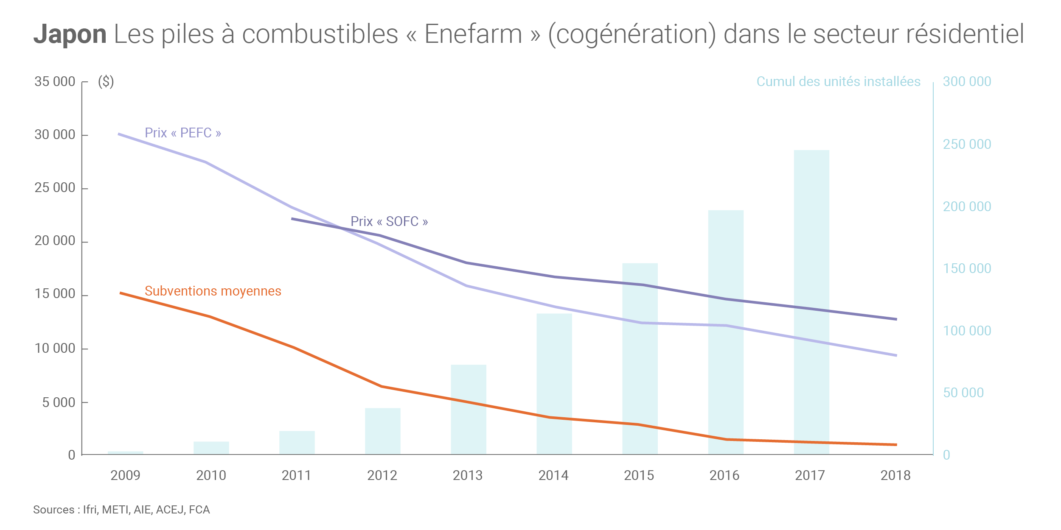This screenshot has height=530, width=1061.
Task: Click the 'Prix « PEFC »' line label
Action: coord(183,133)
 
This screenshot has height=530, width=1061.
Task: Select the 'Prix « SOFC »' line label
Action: coord(389,221)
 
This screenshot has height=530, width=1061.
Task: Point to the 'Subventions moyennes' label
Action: coord(213,291)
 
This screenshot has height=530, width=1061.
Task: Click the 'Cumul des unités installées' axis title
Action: coord(838,81)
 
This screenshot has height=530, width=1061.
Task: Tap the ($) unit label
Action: coord(106,81)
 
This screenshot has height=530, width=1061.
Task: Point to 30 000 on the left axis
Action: coord(55,135)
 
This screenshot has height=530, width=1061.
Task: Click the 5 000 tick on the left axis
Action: coord(59,402)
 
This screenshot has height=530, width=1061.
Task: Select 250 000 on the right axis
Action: coord(967,144)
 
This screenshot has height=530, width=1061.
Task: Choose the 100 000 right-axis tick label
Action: coord(967,331)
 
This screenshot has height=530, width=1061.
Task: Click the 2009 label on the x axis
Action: coord(125,475)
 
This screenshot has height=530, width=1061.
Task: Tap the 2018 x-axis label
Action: coord(895,475)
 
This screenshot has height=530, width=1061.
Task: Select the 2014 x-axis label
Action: coord(553,475)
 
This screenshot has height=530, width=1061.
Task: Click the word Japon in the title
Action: coord(70,34)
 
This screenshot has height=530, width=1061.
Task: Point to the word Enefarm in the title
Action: coord(473,34)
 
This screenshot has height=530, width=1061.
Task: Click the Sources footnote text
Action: coord(121,510)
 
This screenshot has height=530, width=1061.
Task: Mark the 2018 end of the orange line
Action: coord(895,445)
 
